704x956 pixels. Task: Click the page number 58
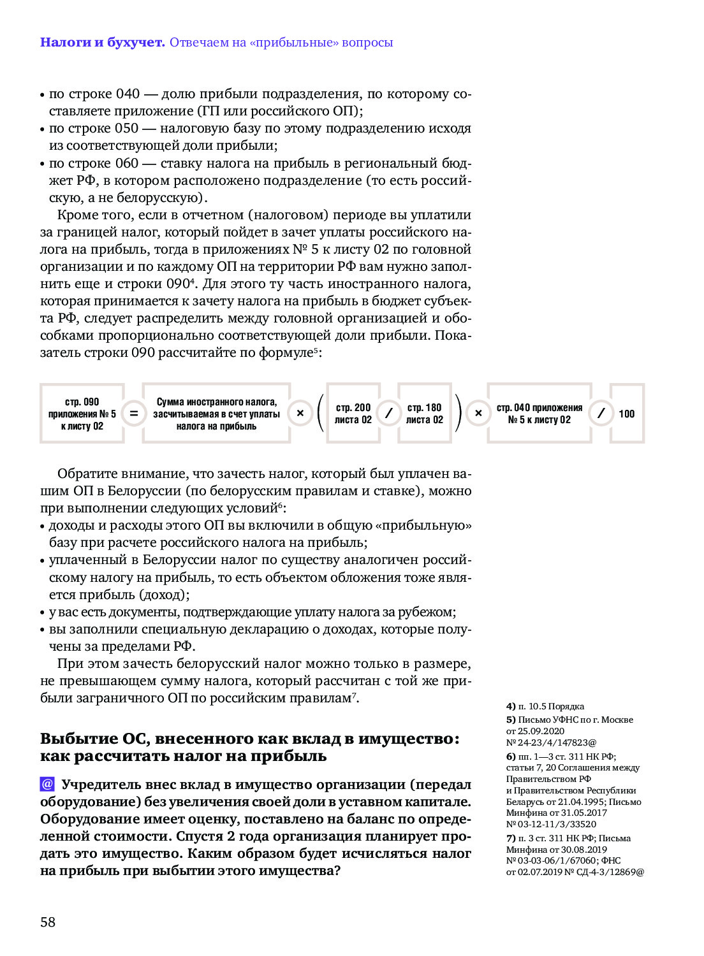[x=48, y=922]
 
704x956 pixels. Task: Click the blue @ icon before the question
[x=47, y=784]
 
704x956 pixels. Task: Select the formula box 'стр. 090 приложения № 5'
[x=82, y=414]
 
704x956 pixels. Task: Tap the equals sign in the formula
[x=134, y=414]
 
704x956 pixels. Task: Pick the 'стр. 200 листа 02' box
[x=353, y=414]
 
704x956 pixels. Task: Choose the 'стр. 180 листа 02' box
[x=425, y=414]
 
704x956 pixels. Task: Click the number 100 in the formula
[x=627, y=414]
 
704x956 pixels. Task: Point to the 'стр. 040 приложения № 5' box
[x=539, y=414]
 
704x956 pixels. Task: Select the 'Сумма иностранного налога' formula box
[x=217, y=414]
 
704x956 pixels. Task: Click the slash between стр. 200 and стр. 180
[x=388, y=414]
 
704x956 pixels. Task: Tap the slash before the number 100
[x=600, y=414]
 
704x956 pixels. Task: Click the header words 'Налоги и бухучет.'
[x=102, y=43]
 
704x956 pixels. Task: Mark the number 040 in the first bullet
[x=128, y=94]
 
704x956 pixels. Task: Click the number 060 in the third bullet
[x=127, y=163]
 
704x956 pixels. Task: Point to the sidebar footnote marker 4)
[x=511, y=706]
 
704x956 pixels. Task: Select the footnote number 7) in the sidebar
[x=511, y=838]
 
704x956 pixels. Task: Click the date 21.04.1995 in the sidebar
[x=582, y=802]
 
